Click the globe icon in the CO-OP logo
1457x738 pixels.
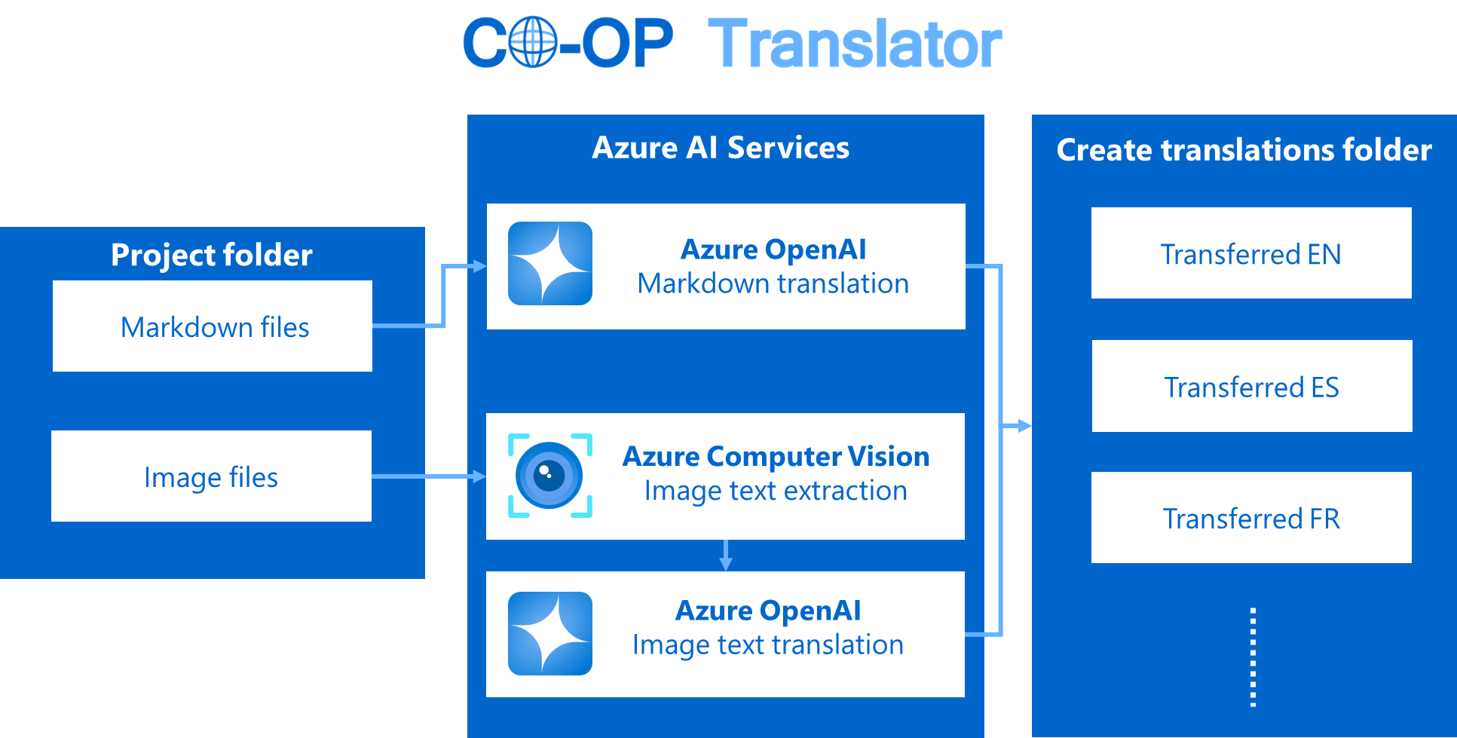[533, 42]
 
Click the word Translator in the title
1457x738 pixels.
[855, 44]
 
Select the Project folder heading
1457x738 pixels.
[212, 255]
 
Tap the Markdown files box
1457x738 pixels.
[213, 326]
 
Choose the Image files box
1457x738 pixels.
[211, 476]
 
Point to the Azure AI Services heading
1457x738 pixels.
[721, 148]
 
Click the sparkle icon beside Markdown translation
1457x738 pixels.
[550, 264]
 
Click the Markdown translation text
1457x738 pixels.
[773, 284]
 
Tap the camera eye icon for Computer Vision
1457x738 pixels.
[549, 476]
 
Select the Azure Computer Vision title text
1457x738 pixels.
[776, 457]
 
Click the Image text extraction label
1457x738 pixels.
[776, 491]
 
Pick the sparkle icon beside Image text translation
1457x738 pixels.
[550, 633]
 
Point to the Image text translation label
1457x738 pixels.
[767, 645]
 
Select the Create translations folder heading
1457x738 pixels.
[1244, 150]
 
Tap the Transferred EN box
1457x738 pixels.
[1251, 253]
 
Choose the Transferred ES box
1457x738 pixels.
[1252, 386]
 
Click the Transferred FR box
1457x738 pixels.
[1251, 518]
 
